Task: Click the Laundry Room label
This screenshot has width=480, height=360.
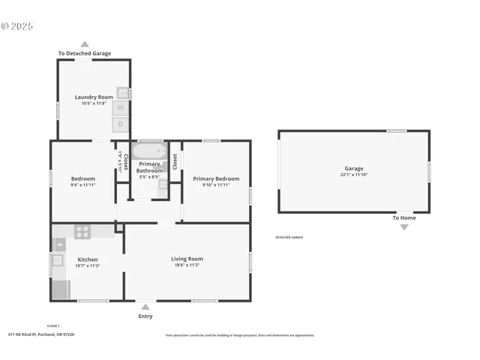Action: (x=94, y=97)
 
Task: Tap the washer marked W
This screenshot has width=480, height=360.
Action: (x=120, y=108)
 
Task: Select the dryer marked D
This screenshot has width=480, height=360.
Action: (x=120, y=124)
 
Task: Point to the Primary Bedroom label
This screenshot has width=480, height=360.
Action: (x=216, y=178)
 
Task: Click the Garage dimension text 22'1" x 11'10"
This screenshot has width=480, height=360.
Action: (x=354, y=175)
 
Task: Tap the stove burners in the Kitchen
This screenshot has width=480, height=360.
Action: (x=82, y=232)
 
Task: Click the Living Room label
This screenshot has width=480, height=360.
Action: (x=187, y=259)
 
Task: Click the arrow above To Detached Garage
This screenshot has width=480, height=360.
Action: (x=85, y=44)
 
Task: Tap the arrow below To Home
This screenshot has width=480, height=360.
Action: (x=404, y=226)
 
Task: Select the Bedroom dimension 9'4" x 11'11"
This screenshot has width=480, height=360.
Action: (x=83, y=184)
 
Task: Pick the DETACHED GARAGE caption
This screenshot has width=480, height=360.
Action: (x=289, y=238)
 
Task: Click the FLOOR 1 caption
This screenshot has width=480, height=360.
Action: (x=53, y=325)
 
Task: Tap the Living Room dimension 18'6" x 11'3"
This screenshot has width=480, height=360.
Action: (x=187, y=265)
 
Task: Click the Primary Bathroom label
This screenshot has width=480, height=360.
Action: (x=149, y=167)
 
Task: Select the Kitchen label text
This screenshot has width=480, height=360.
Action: (x=88, y=259)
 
